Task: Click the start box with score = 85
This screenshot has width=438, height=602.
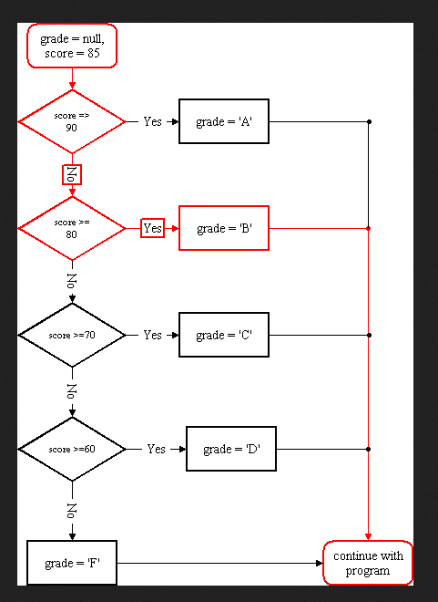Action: (x=72, y=46)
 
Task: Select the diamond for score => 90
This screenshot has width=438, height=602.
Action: (x=72, y=121)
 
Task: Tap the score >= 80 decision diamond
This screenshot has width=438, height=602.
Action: (x=72, y=228)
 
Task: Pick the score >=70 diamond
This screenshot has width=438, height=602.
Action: (x=72, y=335)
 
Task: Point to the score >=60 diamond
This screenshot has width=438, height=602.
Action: (x=72, y=449)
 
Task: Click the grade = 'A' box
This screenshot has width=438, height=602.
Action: (x=224, y=121)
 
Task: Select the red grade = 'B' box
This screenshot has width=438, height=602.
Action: (x=224, y=228)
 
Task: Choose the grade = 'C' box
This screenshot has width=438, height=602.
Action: (x=224, y=335)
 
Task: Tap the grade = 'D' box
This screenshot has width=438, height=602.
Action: (x=231, y=449)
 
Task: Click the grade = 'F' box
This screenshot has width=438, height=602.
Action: (x=72, y=563)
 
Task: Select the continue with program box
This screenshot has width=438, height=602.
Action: (x=368, y=563)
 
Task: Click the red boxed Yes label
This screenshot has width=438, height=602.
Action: (x=152, y=228)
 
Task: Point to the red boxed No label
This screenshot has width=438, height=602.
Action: (x=72, y=175)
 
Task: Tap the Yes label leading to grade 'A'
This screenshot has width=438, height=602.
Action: (x=152, y=121)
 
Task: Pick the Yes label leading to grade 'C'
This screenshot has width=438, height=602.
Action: (x=152, y=335)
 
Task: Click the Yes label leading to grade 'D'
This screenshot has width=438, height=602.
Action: (x=156, y=449)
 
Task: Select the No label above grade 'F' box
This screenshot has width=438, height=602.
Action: (x=72, y=510)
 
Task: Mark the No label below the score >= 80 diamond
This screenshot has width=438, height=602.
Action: (x=72, y=281)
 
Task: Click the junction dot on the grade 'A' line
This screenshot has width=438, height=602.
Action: (x=369, y=121)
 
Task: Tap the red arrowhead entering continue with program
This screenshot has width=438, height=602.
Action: (x=368, y=536)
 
